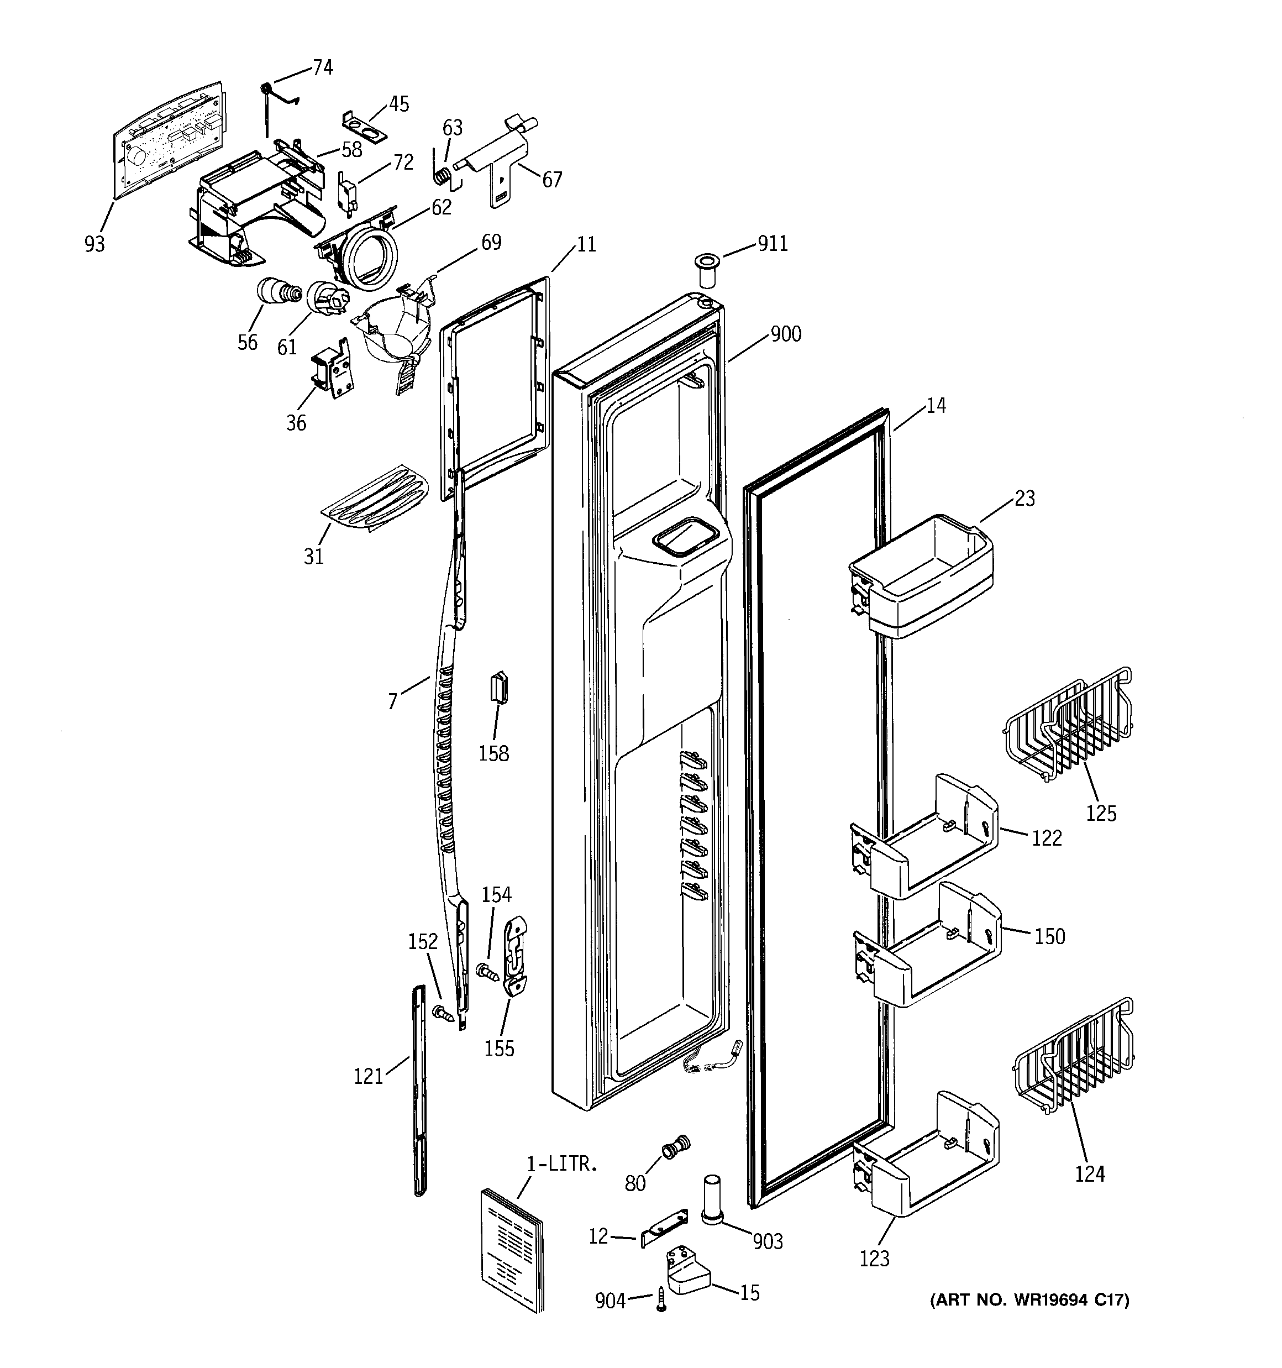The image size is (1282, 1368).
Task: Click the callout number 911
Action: (772, 244)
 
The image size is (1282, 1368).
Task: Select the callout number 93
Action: (95, 244)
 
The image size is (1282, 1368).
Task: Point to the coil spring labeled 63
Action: (444, 175)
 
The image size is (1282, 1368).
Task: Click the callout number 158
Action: (493, 753)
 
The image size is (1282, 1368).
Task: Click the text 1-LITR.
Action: (562, 1164)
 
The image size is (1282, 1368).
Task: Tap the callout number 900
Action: (785, 334)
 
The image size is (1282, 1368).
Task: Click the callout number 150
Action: (1049, 936)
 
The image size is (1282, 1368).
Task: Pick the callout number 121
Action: (368, 1076)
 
